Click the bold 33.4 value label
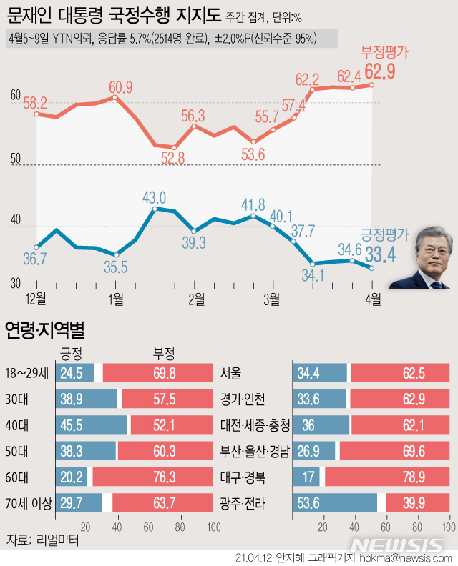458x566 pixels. click(381, 254)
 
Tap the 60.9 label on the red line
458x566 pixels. click(120, 87)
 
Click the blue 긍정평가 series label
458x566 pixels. click(384, 234)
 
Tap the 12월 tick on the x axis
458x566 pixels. click(36, 297)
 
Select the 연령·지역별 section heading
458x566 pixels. click(44, 330)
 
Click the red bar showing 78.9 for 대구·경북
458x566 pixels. click(387, 477)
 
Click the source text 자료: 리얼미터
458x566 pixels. click(42, 540)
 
